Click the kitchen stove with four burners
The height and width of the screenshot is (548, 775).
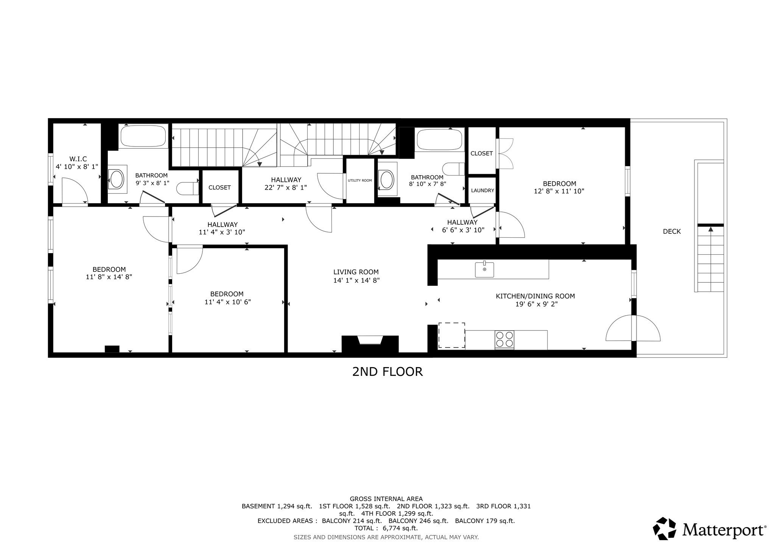pyautogui.click(x=504, y=339)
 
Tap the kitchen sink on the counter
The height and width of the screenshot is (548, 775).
pyautogui.click(x=484, y=269)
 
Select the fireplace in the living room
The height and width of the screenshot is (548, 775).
pyautogui.click(x=370, y=343)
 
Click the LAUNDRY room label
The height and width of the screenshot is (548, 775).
pyautogui.click(x=482, y=190)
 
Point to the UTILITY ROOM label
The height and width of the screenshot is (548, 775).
pyautogui.click(x=359, y=181)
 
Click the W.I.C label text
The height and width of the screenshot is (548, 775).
pyautogui.click(x=78, y=159)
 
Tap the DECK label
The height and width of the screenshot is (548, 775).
pyautogui.click(x=672, y=231)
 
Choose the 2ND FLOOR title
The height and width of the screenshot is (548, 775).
pyautogui.click(x=387, y=372)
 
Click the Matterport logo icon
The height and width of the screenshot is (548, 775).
pyautogui.click(x=664, y=528)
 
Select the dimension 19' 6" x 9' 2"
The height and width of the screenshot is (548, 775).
pyautogui.click(x=535, y=304)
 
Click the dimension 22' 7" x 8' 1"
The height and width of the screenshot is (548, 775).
pyautogui.click(x=286, y=187)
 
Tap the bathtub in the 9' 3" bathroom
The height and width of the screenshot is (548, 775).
pyautogui.click(x=143, y=136)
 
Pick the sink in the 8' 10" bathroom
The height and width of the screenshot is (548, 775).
pyautogui.click(x=387, y=180)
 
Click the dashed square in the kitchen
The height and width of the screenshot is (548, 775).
pyautogui.click(x=451, y=335)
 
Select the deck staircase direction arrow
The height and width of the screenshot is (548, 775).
pyautogui.click(x=710, y=229)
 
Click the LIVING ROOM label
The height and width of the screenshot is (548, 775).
pyautogui.click(x=356, y=272)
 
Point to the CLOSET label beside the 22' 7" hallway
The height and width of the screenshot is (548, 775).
pyautogui.click(x=219, y=187)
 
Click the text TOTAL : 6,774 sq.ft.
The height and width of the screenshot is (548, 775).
pyautogui.click(x=386, y=528)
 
